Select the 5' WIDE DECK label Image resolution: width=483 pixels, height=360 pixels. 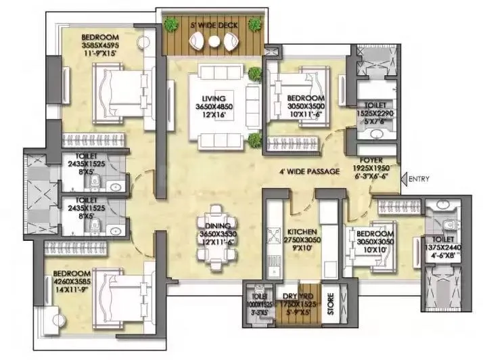tap(214, 26)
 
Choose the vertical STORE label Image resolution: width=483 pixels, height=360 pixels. tap(330, 302)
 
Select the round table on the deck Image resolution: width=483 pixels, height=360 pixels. tap(214, 43)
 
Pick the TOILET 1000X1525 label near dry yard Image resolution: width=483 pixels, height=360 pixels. tap(258, 305)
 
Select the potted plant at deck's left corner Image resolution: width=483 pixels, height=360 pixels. tap(168, 26)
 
